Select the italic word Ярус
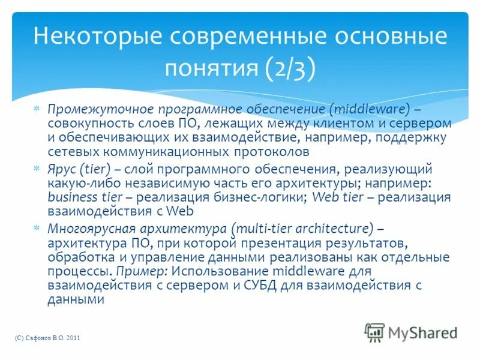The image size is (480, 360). (61, 170)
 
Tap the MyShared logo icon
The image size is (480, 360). (375, 332)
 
